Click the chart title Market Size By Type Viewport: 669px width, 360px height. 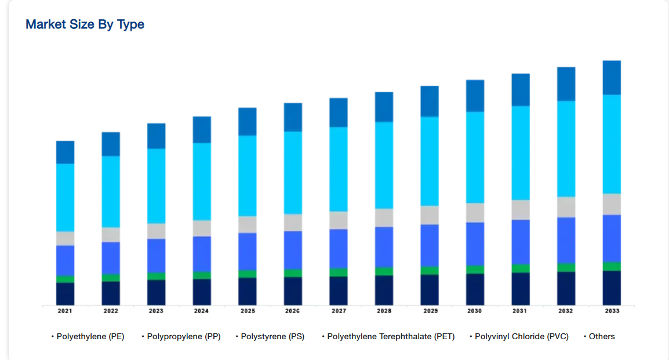(x=85, y=24)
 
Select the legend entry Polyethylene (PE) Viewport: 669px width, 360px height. (x=90, y=336)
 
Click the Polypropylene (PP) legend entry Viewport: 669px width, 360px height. (x=184, y=336)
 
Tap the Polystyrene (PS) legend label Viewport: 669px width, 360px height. (x=272, y=336)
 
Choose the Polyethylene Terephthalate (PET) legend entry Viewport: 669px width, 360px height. (x=391, y=336)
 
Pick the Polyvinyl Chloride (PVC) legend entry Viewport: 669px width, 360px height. (x=521, y=336)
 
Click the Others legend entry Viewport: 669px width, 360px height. (x=602, y=336)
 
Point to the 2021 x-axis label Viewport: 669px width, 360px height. (x=65, y=311)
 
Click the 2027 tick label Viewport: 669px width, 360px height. (x=338, y=311)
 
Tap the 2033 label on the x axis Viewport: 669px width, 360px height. (x=612, y=311)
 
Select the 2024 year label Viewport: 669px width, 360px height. (x=201, y=311)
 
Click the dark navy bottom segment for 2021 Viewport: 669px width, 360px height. (x=65, y=294)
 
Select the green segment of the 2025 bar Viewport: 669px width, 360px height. (x=247, y=274)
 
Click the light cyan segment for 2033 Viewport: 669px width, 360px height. (x=612, y=144)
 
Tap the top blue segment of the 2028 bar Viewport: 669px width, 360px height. (x=384, y=107)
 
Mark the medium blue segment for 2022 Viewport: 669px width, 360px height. (x=111, y=258)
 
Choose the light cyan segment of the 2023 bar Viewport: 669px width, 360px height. (x=156, y=186)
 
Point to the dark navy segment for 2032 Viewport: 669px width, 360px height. (x=566, y=288)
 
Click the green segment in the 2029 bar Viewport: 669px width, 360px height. (x=430, y=270)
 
